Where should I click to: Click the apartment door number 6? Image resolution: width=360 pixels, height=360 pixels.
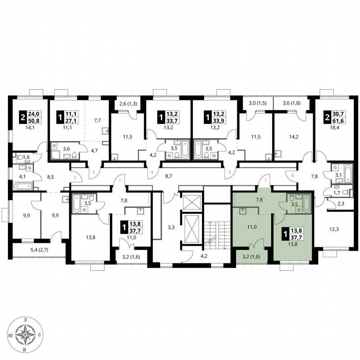pos(292,175)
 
